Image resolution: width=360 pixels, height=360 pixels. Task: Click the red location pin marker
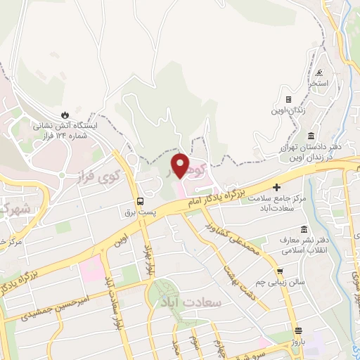coord(181,166)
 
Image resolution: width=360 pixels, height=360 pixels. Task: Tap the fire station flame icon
coord(65,115)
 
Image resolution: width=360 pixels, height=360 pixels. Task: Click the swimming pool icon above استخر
coord(320,72)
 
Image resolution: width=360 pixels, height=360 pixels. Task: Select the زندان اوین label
coord(288,110)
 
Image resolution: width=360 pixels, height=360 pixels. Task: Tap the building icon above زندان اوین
coord(288,99)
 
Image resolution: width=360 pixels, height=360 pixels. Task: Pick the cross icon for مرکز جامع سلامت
coord(276,187)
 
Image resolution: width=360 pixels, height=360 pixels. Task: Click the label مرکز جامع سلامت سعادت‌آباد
coord(276,203)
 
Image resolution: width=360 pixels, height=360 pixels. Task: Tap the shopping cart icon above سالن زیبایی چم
coord(281,271)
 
